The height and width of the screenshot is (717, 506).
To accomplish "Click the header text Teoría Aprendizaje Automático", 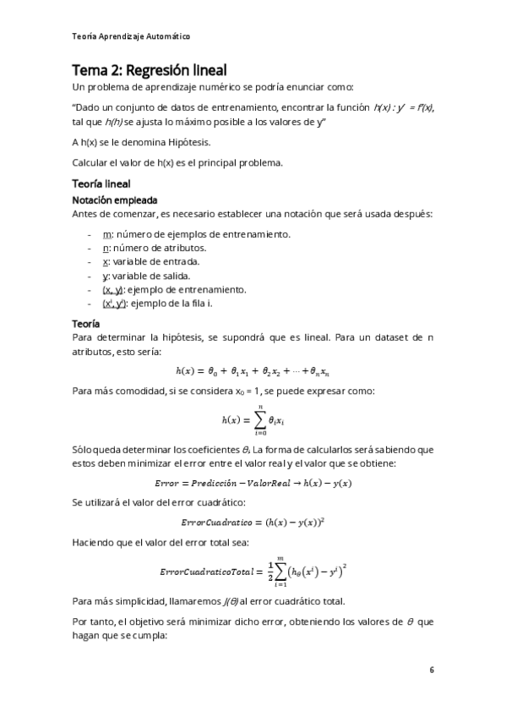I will coord(131,36).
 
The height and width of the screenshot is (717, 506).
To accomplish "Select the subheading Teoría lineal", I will coord(101,183).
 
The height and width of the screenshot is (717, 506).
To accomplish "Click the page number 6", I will coord(431,670).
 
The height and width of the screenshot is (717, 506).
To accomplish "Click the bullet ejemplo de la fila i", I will coord(161,303).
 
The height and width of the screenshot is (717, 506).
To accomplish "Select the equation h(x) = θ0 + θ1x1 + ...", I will coord(253,370).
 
